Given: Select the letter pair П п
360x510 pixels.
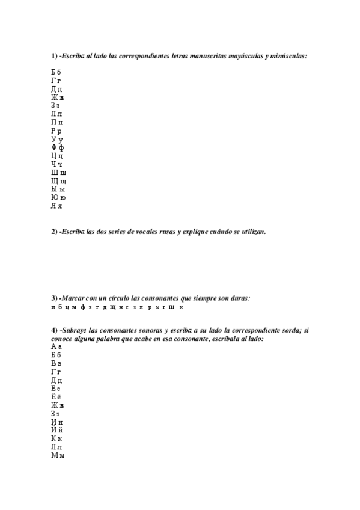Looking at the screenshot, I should [56, 122].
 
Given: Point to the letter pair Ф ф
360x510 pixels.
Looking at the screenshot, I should [58, 147].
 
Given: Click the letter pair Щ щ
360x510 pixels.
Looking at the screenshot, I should [59, 180].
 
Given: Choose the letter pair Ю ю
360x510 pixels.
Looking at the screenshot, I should [58, 197].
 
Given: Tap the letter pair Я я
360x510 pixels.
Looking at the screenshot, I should [56, 206].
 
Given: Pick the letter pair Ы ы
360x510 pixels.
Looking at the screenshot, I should [58, 189].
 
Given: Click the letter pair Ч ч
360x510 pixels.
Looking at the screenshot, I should [56, 164].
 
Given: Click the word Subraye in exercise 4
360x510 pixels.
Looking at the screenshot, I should [75, 331].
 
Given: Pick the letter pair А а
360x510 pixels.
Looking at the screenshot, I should [56, 347].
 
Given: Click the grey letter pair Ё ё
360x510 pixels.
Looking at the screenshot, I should [56, 397].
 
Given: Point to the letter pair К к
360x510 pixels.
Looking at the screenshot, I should [56, 438].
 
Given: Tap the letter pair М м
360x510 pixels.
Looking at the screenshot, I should [58, 455].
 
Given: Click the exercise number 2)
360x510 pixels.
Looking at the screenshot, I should [54, 232].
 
